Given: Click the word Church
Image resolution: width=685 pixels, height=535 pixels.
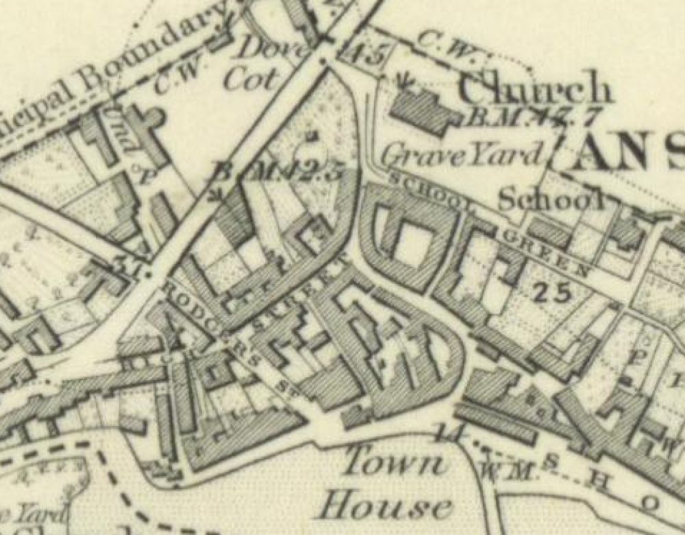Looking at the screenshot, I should tap(534, 89).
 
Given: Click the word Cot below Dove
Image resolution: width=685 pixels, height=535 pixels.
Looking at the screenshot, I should tap(253, 81).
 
